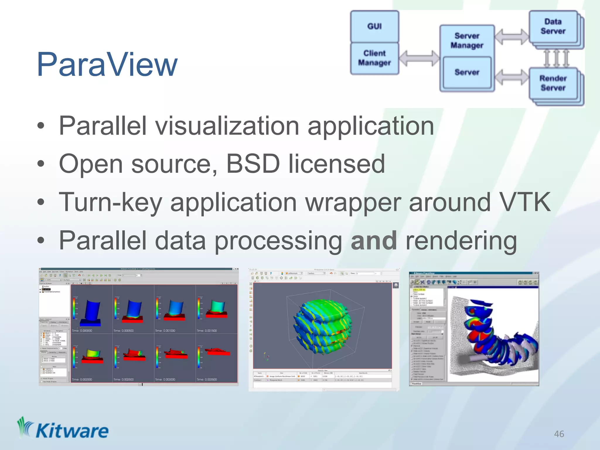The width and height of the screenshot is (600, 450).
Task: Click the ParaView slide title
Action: [x=107, y=64]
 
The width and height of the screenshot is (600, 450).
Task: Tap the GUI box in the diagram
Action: [x=374, y=26]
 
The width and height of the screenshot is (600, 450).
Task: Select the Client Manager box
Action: [x=374, y=58]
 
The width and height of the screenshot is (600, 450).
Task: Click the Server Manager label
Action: [x=467, y=40]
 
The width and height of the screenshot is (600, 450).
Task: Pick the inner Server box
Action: [x=467, y=72]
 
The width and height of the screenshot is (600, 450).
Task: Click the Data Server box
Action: [x=553, y=26]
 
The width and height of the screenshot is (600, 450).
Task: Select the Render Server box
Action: [x=553, y=83]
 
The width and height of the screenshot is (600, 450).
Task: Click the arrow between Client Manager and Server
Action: [x=419, y=58]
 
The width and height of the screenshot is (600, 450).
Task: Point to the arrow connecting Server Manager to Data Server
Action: [x=512, y=37]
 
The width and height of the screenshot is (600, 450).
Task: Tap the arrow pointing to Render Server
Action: [x=512, y=77]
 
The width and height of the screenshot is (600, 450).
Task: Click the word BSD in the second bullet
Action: [x=253, y=164]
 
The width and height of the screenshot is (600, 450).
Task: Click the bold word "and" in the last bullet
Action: [x=374, y=241]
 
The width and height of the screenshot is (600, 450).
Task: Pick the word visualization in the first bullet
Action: [x=227, y=126]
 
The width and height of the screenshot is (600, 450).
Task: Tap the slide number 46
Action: [x=559, y=434]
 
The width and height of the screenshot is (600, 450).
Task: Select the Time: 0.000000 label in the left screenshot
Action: [x=82, y=330]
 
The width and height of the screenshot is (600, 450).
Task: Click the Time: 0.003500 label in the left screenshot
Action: [x=207, y=379]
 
